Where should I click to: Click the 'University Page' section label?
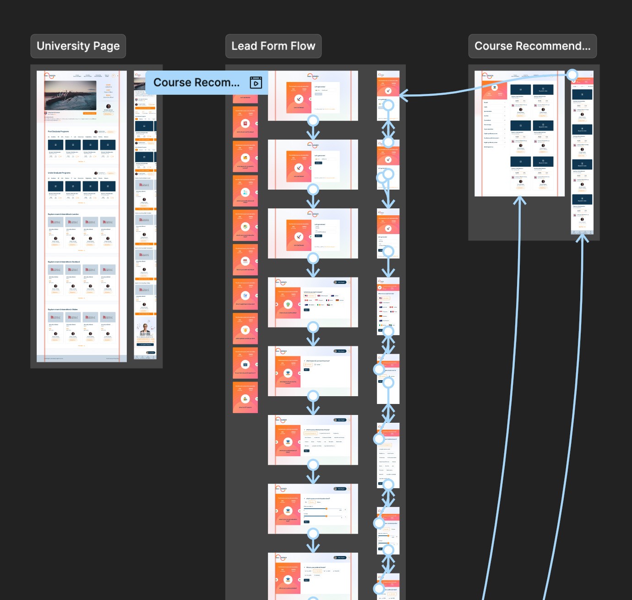click(x=78, y=46)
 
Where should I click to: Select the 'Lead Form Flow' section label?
click(x=273, y=46)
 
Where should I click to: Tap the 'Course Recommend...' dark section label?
click(x=532, y=46)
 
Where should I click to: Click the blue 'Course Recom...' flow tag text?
click(x=196, y=82)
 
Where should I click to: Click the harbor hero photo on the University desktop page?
click(x=71, y=95)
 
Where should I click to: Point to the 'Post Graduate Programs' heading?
click(x=59, y=131)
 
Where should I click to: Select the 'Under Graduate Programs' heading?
click(x=60, y=173)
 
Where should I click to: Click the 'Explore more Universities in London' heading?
click(x=63, y=214)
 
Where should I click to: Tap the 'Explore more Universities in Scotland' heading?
click(x=64, y=262)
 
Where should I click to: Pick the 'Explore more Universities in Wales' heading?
click(x=63, y=309)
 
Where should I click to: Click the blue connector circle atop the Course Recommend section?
click(x=572, y=75)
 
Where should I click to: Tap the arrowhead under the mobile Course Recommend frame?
click(x=582, y=238)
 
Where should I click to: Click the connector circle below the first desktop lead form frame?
click(x=313, y=121)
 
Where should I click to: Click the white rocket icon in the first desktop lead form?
click(x=299, y=99)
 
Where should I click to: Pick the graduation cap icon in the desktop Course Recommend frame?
click(x=494, y=87)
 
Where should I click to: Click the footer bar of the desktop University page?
click(x=82, y=358)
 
